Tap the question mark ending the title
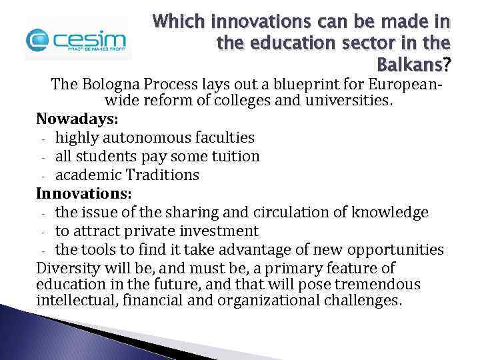coord(447,66)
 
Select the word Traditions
coord(160,175)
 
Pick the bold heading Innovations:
coord(83,193)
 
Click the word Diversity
coord(67,268)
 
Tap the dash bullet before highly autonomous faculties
coord(43,139)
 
